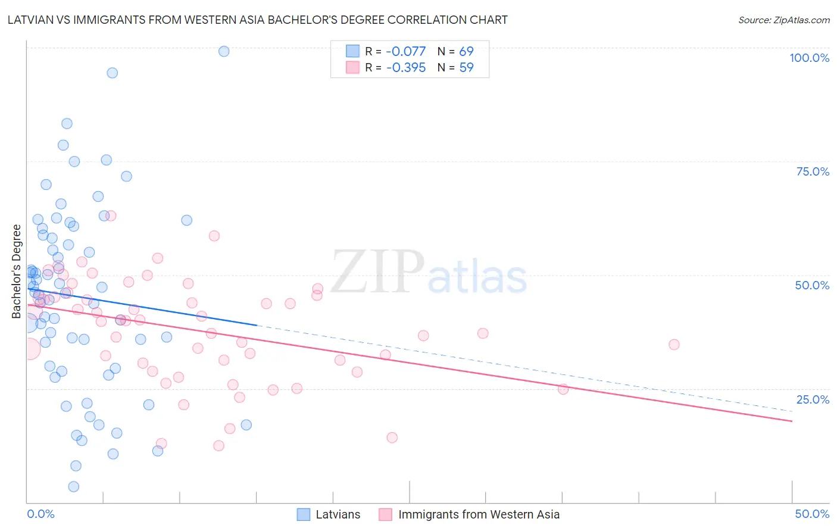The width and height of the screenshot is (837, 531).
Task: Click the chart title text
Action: tap(257, 20)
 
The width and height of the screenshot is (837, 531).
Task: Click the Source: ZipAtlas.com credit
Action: tap(783, 20)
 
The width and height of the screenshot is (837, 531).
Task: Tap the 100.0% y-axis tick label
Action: tap(809, 58)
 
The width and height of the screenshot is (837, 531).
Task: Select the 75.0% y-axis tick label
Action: tap(813, 171)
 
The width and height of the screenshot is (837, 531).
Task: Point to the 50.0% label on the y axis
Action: tap(812, 285)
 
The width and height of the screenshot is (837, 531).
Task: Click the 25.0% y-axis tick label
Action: tap(813, 399)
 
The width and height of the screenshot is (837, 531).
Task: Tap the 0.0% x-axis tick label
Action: tap(40, 514)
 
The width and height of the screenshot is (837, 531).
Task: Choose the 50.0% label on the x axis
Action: tap(812, 514)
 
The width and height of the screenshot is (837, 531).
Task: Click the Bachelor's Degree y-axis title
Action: tap(17, 271)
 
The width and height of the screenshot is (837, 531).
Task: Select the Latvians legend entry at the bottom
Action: tap(338, 514)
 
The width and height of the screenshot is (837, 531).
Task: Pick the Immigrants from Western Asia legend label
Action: tap(479, 514)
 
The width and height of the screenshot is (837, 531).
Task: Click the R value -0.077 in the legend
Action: tap(406, 52)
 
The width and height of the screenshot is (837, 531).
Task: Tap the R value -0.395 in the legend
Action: tap(406, 68)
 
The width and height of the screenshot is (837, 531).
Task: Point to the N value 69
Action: tap(466, 52)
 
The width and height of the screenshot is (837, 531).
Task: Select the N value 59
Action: tap(466, 68)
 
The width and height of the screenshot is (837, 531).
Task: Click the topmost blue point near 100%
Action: tap(224, 51)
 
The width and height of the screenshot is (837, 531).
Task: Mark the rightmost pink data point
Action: tap(674, 345)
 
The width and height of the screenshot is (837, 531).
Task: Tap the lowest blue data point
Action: tap(74, 487)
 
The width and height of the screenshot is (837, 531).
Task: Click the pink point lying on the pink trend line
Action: tap(563, 389)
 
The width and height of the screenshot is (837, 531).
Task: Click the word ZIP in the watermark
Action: tap(377, 273)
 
